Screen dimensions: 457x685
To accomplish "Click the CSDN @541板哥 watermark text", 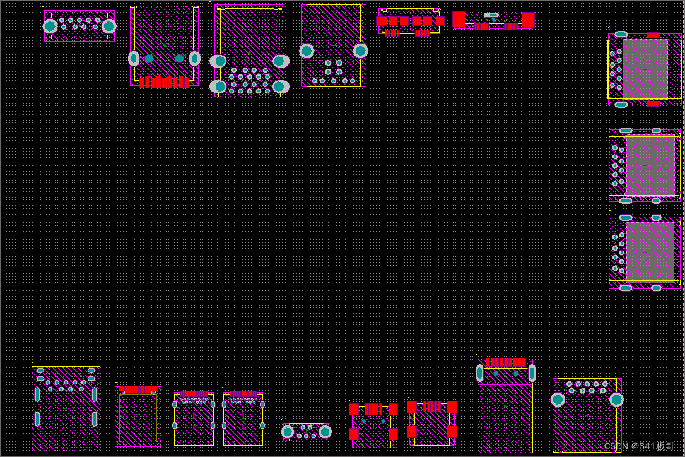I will tap(639, 446).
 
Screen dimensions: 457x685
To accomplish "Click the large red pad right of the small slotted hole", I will tap(528, 20).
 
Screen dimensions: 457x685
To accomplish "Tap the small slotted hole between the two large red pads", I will tap(491, 15).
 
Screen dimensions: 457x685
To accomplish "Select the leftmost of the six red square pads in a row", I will tap(382, 21).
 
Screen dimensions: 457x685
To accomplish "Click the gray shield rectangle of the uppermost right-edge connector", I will tap(645, 69).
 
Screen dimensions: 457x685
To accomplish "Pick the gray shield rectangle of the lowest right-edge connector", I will tap(650, 252).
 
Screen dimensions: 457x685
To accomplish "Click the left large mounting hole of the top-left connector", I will tap(50, 27).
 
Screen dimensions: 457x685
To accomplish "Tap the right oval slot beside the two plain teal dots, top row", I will tap(195, 59).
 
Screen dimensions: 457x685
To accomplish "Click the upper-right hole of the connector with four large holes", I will tap(279, 61).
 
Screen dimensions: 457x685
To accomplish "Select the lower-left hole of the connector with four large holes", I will tap(219, 86).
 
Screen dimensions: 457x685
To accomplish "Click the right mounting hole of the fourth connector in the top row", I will tap(360, 51).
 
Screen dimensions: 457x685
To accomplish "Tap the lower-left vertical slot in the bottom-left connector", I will tap(37, 418).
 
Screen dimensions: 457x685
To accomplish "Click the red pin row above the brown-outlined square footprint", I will tap(138, 389).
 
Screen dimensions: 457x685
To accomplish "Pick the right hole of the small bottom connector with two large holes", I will tap(325, 432).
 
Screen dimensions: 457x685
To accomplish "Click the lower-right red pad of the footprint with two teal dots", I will tap(393, 434).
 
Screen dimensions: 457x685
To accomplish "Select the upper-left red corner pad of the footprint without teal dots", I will tap(412, 407).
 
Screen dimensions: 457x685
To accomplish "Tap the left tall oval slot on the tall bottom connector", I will tap(479, 373).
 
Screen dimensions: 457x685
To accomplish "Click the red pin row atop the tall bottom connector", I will tap(506, 362).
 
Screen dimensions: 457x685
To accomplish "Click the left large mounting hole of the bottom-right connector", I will tap(558, 400).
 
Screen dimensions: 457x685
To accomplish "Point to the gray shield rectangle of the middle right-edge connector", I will tap(650, 166).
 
